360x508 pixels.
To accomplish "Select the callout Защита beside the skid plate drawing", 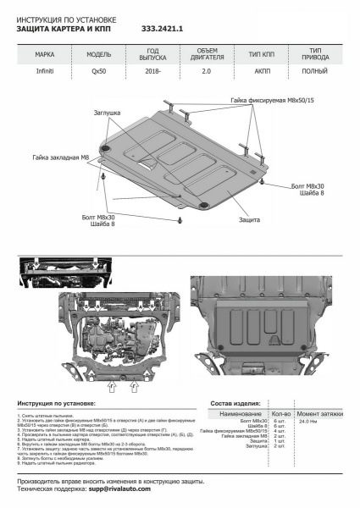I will pos(248,218).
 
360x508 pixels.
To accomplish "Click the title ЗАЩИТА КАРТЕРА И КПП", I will pos(63,28).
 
